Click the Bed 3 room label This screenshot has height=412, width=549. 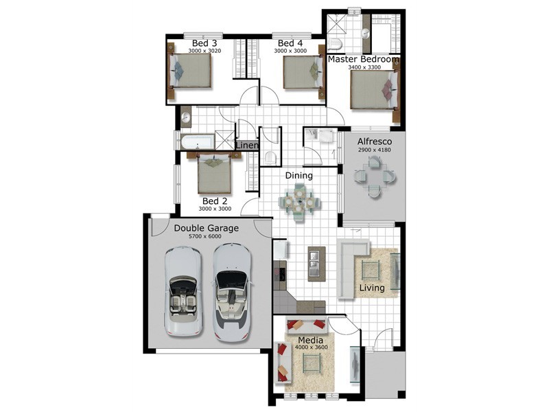[x=205, y=43]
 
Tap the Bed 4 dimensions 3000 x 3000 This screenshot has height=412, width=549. [x=290, y=51]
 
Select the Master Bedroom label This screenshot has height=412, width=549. [x=364, y=59]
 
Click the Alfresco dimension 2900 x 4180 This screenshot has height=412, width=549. [x=374, y=150]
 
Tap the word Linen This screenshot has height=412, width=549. [x=248, y=145]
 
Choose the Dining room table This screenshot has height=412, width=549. [x=299, y=202]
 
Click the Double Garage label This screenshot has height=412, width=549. [x=207, y=228]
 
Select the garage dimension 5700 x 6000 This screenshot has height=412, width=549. [x=205, y=236]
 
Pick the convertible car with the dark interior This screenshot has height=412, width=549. [x=232, y=293]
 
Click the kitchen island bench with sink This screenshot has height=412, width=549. [x=316, y=264]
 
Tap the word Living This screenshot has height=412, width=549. [x=372, y=288]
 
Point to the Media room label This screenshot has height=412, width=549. [x=311, y=340]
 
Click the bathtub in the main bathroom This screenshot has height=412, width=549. [x=197, y=141]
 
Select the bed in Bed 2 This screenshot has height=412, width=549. [x=214, y=173]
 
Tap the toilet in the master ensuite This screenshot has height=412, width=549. [x=335, y=44]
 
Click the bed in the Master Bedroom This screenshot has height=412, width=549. [x=374, y=90]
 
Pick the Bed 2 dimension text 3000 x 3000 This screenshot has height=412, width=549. [x=215, y=209]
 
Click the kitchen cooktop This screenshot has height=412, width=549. [x=280, y=273]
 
